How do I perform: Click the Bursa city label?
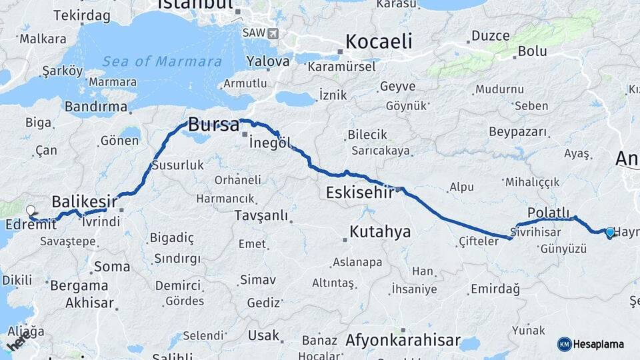click(x=213, y=124)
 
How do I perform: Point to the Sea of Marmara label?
click(x=162, y=61)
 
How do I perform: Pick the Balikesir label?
click(x=85, y=201)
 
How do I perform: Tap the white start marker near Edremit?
click(x=31, y=211)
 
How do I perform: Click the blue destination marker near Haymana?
click(x=609, y=231)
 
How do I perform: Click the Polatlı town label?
click(x=549, y=212)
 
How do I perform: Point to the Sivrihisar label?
click(x=535, y=231)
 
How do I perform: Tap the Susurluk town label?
click(x=178, y=165)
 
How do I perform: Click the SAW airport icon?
click(x=273, y=33)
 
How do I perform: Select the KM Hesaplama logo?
click(x=591, y=344)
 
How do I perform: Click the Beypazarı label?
click(x=517, y=131)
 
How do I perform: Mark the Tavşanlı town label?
click(x=261, y=215)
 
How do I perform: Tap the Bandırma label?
click(x=96, y=107)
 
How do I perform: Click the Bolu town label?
click(x=533, y=51)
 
